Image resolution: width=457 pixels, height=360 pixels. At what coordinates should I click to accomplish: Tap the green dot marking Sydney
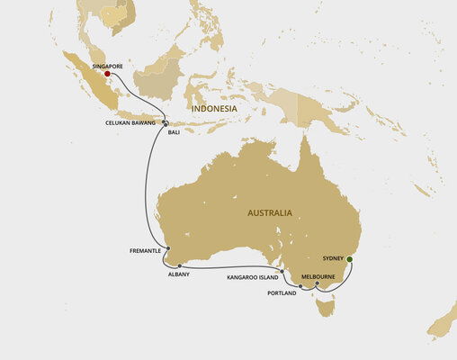(350, 260)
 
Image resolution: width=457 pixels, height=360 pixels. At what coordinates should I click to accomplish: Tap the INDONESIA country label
(214, 108)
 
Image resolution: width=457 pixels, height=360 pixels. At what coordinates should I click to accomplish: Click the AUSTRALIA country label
(270, 213)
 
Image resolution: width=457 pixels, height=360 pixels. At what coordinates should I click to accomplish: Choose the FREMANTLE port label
(148, 251)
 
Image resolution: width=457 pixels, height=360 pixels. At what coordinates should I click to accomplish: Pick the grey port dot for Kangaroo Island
(282, 271)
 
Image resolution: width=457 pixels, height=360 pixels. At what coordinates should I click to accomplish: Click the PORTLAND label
(282, 293)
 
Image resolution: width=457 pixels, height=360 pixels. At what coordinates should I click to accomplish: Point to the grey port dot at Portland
(300, 286)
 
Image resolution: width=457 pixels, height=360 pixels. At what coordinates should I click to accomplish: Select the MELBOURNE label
(319, 277)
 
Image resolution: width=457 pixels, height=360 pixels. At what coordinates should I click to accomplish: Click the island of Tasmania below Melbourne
(327, 307)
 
